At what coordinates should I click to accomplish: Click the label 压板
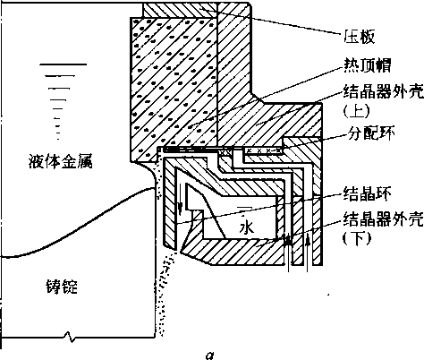point(359,37)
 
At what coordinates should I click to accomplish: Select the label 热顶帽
point(368,65)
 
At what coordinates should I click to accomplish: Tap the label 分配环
point(371,133)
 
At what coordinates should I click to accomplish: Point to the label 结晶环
point(367,194)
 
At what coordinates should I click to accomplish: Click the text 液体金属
point(61,161)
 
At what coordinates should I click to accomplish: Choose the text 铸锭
point(62,287)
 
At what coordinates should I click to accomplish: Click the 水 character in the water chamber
point(247,227)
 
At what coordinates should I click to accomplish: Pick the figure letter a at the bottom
point(210,356)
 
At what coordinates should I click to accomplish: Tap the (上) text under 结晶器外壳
point(357,111)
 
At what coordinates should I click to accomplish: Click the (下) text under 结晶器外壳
point(357,238)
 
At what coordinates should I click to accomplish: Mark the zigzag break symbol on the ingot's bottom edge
point(70,337)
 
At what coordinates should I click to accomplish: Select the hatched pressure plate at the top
point(196,10)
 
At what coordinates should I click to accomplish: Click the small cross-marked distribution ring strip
point(263,150)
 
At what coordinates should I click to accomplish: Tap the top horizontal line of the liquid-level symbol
point(64,64)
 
